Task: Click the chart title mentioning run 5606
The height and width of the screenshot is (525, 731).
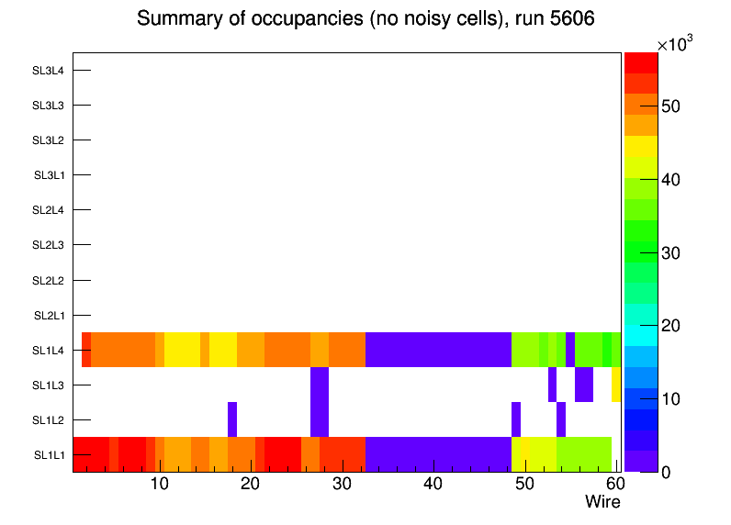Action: (365, 18)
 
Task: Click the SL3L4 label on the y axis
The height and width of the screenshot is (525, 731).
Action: (48, 71)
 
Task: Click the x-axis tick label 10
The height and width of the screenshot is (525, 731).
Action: (159, 484)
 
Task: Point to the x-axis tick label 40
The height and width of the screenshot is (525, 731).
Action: (433, 484)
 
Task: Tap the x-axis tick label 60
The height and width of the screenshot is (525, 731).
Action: (614, 484)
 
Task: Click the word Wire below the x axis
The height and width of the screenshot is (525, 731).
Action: (602, 502)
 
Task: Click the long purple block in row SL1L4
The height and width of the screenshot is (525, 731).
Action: (438, 350)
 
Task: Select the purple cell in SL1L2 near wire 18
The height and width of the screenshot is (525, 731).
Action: (232, 419)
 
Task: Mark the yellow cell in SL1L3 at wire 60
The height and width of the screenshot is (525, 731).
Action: (615, 385)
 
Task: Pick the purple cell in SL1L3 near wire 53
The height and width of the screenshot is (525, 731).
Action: (552, 385)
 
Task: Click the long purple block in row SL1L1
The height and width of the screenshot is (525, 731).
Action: (438, 454)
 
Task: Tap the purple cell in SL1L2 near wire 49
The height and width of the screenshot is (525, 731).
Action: (516, 419)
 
